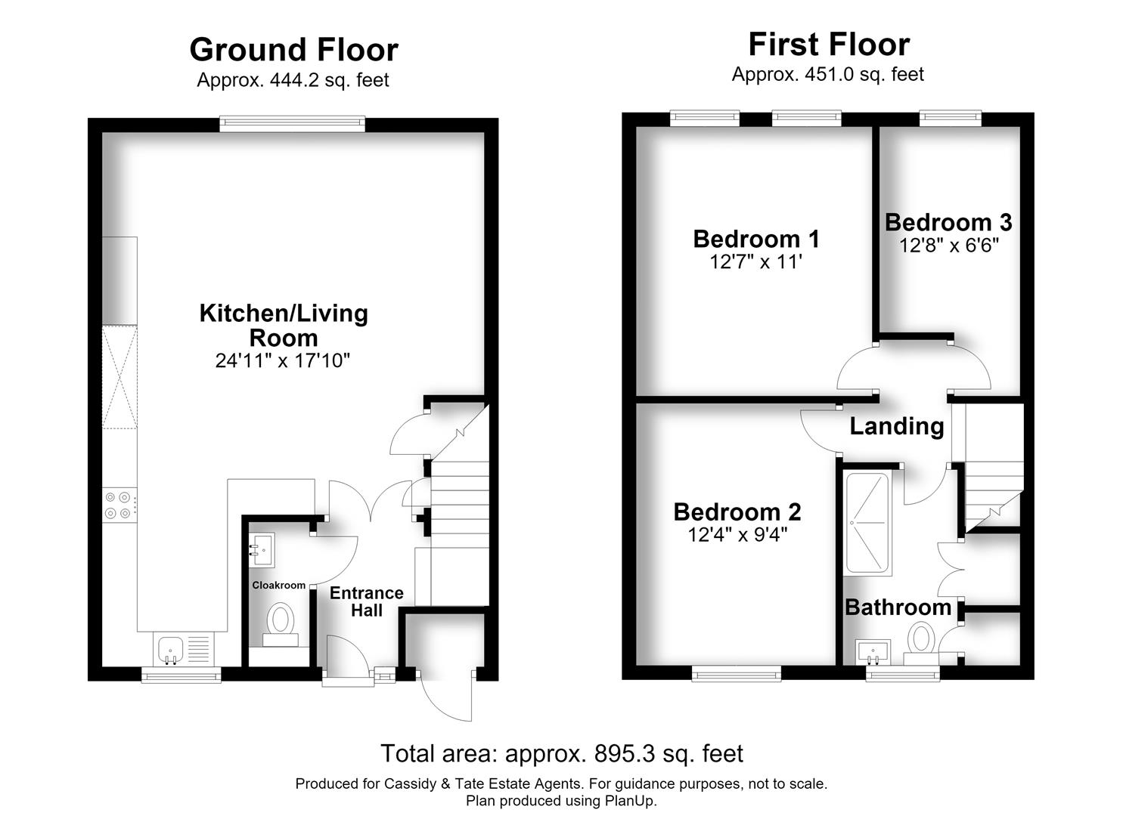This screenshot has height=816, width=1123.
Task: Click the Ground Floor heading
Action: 293,50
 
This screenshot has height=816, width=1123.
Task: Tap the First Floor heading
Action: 830,45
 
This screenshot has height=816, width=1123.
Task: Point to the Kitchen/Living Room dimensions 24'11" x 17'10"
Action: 283,360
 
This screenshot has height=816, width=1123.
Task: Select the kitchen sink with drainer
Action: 184,650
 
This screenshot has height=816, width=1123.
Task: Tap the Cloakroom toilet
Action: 281,626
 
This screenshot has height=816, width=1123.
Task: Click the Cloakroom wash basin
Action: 262,549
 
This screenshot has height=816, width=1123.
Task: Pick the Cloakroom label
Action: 279,585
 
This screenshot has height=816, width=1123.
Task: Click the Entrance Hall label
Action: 367,601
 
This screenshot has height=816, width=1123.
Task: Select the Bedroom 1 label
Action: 756,239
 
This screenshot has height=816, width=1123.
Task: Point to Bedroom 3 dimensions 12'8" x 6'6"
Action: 949,246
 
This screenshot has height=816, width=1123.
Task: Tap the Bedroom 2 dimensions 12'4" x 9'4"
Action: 737,535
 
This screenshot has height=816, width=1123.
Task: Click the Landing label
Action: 897,426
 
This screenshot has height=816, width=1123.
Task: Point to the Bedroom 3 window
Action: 951,119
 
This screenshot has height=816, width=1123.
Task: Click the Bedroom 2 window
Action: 737,673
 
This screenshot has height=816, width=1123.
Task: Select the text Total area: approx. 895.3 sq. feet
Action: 561,753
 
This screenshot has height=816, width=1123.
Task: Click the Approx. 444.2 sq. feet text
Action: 293,80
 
